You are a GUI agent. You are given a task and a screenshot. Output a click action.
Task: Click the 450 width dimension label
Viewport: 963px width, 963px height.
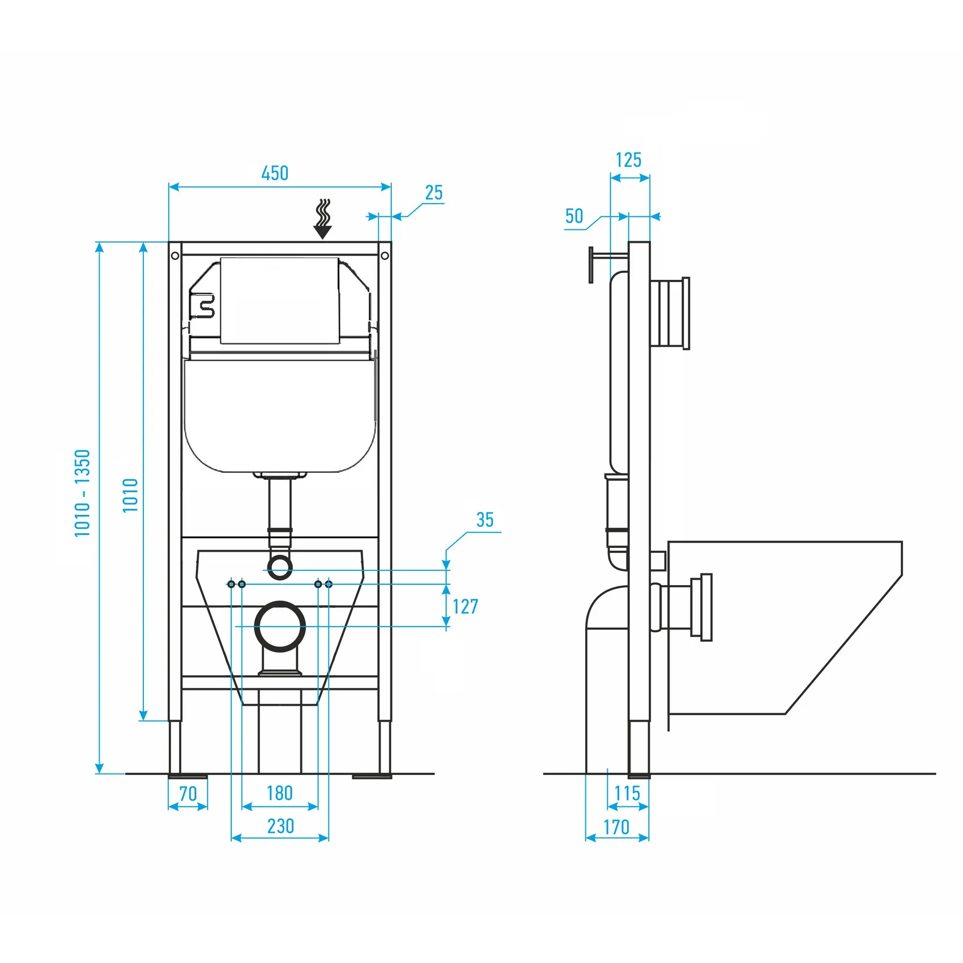click(x=275, y=173)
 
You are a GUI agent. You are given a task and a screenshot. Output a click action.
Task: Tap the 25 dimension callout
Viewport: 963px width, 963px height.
click(x=434, y=193)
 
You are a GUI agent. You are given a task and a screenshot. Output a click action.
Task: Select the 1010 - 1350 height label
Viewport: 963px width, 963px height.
click(x=83, y=493)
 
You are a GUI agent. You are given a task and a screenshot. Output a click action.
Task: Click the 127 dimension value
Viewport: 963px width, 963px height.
click(x=465, y=607)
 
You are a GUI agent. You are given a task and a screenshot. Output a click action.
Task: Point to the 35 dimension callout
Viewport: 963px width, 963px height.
click(x=485, y=520)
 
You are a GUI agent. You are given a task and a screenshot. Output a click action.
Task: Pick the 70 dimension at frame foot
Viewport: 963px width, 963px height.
click(x=188, y=794)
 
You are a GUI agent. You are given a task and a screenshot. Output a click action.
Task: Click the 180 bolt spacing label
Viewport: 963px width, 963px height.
click(x=280, y=793)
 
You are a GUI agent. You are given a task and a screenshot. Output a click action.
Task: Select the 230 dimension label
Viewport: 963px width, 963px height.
click(x=280, y=826)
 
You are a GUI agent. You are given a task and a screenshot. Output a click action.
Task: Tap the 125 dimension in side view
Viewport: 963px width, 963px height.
click(x=629, y=160)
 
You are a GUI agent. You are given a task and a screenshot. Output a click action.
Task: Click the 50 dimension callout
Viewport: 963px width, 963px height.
click(x=574, y=216)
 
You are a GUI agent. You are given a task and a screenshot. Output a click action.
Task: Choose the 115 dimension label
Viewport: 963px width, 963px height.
click(x=627, y=794)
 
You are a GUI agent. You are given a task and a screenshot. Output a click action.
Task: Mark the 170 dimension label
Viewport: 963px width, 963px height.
click(x=616, y=828)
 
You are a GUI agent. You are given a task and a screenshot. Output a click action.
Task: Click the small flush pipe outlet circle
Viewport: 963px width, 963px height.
click(x=280, y=567)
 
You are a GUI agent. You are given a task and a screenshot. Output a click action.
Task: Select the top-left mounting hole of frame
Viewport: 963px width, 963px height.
click(x=175, y=256)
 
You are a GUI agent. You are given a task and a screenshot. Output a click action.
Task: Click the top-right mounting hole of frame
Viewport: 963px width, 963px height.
click(x=385, y=256)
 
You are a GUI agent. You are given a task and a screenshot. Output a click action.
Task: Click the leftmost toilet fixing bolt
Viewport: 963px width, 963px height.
click(x=231, y=584)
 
